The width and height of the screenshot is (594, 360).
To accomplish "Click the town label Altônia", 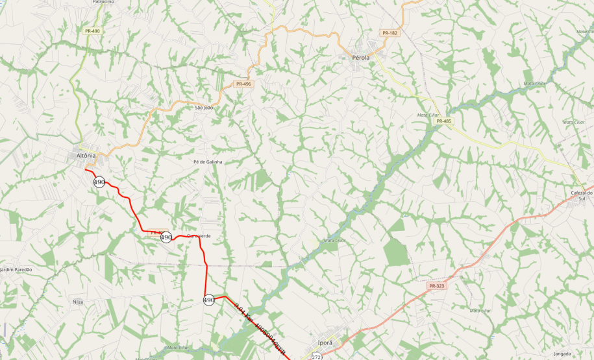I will tap(86, 156).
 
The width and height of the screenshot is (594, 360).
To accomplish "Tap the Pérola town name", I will tap(360, 58).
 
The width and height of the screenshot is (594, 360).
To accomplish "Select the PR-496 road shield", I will tap(243, 84).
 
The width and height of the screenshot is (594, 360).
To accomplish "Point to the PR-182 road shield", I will tap(390, 33).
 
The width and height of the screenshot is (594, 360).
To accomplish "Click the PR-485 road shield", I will tap(444, 121).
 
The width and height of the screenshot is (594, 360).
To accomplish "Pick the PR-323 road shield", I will tap(436, 286).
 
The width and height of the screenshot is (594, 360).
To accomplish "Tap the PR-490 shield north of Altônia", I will tap(92, 31).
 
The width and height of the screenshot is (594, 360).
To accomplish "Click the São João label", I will tap(204, 108).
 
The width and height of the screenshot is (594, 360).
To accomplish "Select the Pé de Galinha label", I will tap(208, 162).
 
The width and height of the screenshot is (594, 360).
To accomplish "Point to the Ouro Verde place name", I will tap(199, 235).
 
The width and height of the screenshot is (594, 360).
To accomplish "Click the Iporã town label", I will tap(325, 342).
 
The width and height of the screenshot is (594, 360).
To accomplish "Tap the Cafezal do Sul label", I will tap(582, 196).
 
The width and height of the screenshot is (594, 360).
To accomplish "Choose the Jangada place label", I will tap(562, 354).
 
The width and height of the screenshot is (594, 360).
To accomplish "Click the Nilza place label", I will tap(79, 302).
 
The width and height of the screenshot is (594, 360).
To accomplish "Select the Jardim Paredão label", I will tap(16, 269).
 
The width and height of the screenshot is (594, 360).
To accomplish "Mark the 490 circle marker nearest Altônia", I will tap(99, 182).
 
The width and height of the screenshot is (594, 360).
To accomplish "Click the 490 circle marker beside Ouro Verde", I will tap(166, 237).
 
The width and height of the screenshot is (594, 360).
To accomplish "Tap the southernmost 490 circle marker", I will tap(209, 300).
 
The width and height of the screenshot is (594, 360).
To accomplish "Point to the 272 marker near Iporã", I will tap(316, 357).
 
